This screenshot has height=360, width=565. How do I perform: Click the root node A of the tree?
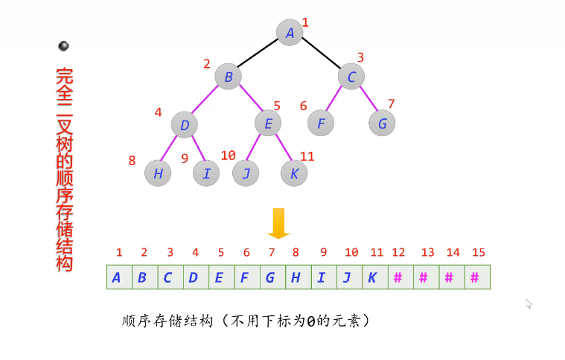click(x=290, y=32)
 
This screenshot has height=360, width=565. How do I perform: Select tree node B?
click(x=229, y=76)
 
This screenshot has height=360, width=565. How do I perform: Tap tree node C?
click(x=351, y=76)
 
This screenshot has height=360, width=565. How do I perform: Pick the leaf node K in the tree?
click(x=295, y=173)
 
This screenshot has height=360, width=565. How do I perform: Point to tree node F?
click(x=321, y=123)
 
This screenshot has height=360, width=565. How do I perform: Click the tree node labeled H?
click(x=158, y=173)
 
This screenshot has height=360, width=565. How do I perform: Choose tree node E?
click(x=268, y=123)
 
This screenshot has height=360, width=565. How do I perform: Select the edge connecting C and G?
click(x=367, y=99)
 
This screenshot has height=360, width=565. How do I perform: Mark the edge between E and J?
click(x=256, y=147)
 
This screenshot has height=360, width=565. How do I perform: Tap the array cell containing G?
click(x=270, y=277)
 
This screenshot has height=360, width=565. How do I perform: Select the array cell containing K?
click(x=373, y=277)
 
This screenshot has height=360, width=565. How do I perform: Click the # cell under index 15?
click(x=475, y=277)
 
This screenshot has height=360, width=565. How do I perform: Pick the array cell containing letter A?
click(x=117, y=277)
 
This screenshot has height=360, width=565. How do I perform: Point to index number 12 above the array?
click(x=398, y=253)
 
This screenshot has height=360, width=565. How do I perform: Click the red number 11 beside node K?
click(x=307, y=155)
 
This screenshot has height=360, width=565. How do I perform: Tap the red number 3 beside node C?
click(x=360, y=57)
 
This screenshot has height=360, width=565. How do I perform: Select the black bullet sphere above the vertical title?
click(x=63, y=46)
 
